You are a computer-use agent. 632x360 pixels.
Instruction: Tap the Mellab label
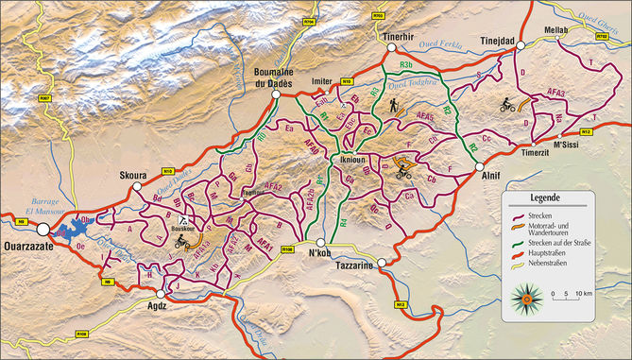(555, 29)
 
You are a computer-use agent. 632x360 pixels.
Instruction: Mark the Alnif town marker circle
(480, 166)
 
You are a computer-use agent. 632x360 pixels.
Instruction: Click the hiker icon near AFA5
(393, 108)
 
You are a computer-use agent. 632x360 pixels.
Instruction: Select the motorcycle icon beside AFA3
(507, 104)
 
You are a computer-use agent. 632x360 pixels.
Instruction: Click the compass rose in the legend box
(523, 300)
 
